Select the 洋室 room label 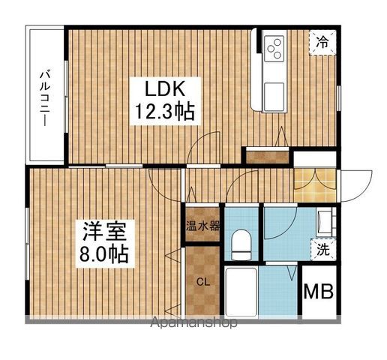(x=103, y=229)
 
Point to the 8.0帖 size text (x=103, y=253)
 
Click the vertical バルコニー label (x=45, y=96)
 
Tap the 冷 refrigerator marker (x=321, y=43)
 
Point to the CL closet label (x=202, y=282)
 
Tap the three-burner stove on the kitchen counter (x=274, y=48)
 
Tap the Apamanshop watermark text (x=195, y=323)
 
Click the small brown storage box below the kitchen (x=267, y=156)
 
